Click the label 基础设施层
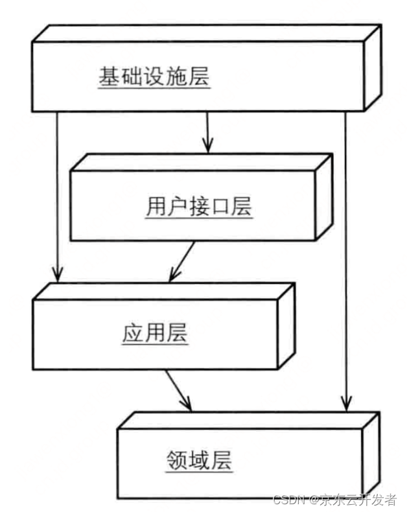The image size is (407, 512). tap(154, 76)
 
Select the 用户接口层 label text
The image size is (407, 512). tap(198, 207)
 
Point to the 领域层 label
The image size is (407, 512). tap(199, 461)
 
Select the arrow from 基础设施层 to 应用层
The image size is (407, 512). tap(58, 194)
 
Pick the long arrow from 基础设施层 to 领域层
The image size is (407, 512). tap(346, 259)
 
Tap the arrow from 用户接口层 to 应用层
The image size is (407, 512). tap(181, 262)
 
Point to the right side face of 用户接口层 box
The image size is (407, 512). tap(323, 197)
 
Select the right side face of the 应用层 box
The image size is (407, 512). tap(288, 327)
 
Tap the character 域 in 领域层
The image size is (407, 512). tap(199, 461)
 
